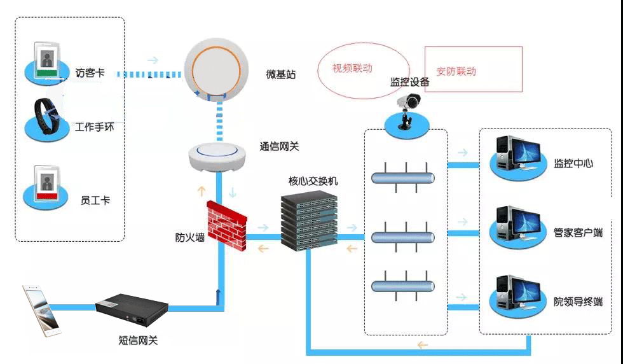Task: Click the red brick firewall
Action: tap(226, 222)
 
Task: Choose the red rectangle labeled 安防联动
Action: tap(473, 69)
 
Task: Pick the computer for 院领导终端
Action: tap(516, 293)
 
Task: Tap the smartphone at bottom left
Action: tap(41, 310)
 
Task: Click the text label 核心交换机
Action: tap(313, 181)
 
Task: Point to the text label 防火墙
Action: tap(190, 237)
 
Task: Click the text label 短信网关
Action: tap(138, 340)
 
